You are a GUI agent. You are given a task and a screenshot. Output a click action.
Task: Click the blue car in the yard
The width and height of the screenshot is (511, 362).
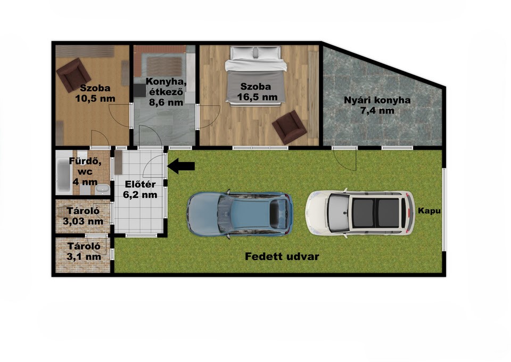240,214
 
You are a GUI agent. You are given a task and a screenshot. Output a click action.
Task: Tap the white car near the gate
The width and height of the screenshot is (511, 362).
360,213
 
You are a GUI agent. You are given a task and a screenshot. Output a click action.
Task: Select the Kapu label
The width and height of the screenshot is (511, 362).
429,211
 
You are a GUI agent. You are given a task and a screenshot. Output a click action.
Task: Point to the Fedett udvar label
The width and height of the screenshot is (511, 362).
282,256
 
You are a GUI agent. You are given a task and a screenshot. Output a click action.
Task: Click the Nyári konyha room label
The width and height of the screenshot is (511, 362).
377,100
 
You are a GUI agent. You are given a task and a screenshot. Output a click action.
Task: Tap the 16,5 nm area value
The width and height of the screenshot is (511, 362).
257,97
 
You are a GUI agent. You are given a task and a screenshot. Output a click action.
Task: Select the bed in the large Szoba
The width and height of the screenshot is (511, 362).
256,76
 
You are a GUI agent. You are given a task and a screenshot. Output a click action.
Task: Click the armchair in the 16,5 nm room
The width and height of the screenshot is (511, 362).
290,127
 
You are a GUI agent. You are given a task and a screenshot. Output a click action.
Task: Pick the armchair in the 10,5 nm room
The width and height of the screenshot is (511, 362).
73,75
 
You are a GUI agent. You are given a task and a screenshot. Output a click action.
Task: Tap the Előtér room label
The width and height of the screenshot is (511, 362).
140,184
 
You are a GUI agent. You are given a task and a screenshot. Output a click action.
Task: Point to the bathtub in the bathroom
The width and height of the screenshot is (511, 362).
63,175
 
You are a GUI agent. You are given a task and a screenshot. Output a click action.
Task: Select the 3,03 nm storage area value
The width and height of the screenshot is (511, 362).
83,221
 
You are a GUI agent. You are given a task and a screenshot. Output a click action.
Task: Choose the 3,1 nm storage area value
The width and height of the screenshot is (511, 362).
84,257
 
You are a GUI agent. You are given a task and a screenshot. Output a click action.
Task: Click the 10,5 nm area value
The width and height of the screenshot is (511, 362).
95,98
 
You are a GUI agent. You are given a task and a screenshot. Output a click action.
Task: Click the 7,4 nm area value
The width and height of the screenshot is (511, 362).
377,111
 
